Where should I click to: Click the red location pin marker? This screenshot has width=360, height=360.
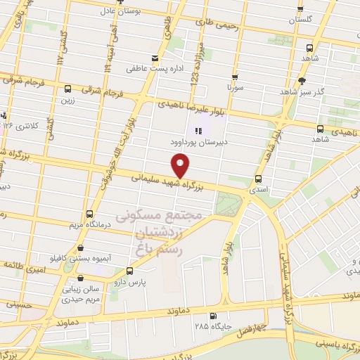coord(181,165)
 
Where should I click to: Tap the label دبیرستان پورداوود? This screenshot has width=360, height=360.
coord(194,141)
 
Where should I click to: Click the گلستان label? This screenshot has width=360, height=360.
coord(301,20)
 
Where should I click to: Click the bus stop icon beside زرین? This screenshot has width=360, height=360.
coord(68,89)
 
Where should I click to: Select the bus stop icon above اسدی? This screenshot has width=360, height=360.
coord(259,179)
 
